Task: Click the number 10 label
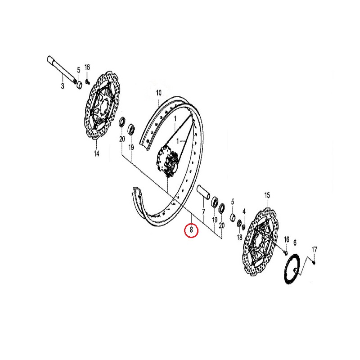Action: point(158,93)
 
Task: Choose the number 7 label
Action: point(203,211)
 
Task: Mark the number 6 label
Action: point(295,243)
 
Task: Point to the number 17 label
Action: point(314,249)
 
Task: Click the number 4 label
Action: point(244,211)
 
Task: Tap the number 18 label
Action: point(239,237)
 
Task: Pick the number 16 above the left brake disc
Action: point(87,67)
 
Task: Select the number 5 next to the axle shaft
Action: point(78,70)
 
